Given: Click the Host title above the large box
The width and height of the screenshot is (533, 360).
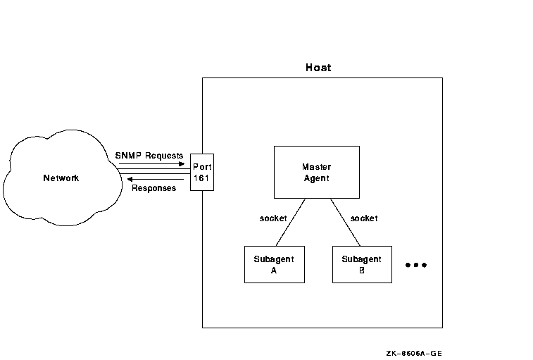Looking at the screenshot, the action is [318, 68].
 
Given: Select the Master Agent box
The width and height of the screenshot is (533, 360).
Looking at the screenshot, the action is [317, 172].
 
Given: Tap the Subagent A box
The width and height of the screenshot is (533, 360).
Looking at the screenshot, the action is [275, 264].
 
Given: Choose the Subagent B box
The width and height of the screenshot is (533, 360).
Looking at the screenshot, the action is [362, 264].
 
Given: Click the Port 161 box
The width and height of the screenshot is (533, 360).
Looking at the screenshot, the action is [202, 172].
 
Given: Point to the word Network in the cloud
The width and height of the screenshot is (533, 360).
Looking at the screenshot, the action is [61, 178].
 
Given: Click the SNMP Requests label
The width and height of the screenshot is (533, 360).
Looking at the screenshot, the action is [149, 156].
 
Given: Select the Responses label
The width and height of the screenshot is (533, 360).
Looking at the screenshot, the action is [153, 188].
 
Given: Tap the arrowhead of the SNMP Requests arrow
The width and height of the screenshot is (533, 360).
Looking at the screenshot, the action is [182, 163].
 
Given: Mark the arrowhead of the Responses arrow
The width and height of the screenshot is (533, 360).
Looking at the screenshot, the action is [130, 180].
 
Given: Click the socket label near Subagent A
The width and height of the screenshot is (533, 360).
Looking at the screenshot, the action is [273, 218].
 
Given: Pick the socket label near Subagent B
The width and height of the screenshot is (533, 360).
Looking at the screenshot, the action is [364, 218].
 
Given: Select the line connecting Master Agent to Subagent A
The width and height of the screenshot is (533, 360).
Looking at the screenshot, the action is [291, 222].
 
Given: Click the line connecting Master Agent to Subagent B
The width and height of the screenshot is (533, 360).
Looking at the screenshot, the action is [346, 222].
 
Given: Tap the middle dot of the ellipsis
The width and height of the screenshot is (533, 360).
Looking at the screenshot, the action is [415, 265].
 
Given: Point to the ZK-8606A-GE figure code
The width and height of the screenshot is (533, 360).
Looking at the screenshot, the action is [414, 353].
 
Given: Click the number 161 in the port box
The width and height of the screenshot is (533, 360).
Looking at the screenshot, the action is [201, 178].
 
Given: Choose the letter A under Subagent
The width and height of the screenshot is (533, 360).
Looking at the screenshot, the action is [274, 271].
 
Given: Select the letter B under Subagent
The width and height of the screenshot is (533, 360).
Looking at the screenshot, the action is [362, 271].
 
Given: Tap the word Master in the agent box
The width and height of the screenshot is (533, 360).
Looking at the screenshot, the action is [316, 167].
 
